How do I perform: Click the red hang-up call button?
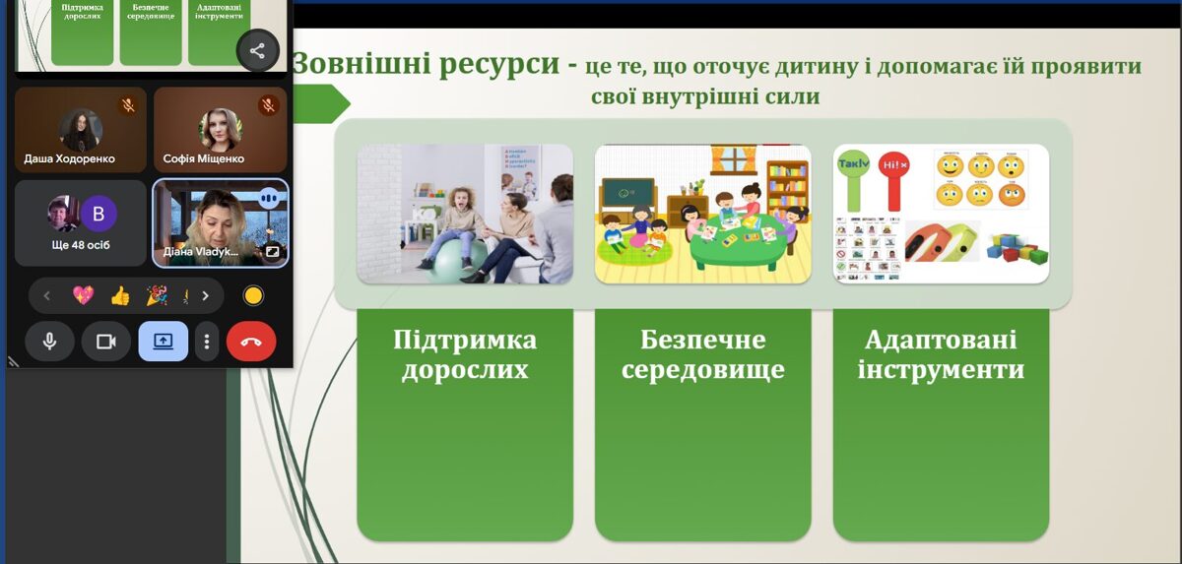[251, 342]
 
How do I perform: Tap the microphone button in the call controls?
[49, 342]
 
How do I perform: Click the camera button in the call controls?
[106, 342]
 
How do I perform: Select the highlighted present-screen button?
[163, 342]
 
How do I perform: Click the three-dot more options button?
[207, 342]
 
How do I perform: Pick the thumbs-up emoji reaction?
[120, 295]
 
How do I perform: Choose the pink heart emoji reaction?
[83, 295]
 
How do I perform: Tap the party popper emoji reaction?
[156, 295]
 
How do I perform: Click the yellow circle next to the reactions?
[253, 295]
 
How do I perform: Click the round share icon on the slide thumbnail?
[257, 50]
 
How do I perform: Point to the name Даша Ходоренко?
[69, 158]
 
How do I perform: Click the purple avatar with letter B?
[98, 214]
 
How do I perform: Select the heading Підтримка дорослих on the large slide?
[465, 355]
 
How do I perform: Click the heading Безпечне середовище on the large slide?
[703, 355]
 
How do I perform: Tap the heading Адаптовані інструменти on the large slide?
[941, 355]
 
